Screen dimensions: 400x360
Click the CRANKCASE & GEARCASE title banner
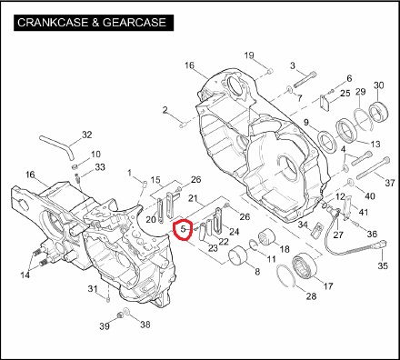pyautogui.click(x=94, y=23)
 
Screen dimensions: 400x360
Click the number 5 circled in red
pyautogui.click(x=183, y=229)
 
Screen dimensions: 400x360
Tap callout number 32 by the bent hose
pyautogui.click(x=87, y=135)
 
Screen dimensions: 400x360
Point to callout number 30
pyautogui.click(x=379, y=85)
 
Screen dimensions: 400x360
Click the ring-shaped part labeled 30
pyautogui.click(x=378, y=112)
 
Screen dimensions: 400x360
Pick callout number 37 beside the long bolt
pyautogui.click(x=390, y=183)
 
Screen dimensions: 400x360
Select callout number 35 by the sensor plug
pyautogui.click(x=383, y=265)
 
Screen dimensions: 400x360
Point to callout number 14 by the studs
pyautogui.click(x=25, y=275)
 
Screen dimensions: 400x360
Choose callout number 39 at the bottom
pyautogui.click(x=105, y=326)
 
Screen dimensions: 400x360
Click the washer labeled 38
pyautogui.click(x=126, y=312)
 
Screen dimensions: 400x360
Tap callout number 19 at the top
pyautogui.click(x=249, y=55)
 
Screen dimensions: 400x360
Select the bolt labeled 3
pyautogui.click(x=305, y=79)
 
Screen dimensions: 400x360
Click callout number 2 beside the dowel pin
pyautogui.click(x=165, y=110)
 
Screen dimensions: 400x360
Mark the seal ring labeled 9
pyautogui.click(x=327, y=141)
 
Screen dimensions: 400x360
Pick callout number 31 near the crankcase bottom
pyautogui.click(x=93, y=289)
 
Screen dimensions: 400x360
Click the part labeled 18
pyautogui.click(x=265, y=237)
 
